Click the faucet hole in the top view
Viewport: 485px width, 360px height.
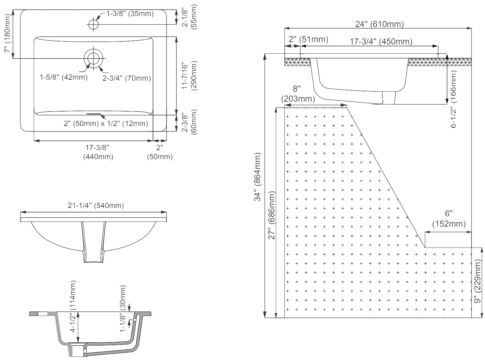click(93, 24)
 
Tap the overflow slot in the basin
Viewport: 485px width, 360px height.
click(94, 114)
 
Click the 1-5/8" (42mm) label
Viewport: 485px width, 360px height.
click(64, 77)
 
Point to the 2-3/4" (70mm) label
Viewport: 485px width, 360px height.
click(127, 78)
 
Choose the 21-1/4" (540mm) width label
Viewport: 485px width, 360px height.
click(96, 205)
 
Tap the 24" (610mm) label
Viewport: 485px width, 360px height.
click(379, 24)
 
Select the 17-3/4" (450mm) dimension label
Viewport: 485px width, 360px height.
click(381, 41)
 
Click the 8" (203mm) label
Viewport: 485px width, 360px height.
click(298, 94)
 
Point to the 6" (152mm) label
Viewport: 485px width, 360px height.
click(449, 219)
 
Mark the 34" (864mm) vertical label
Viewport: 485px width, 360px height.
click(258, 177)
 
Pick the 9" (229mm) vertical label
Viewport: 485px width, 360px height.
click(478, 282)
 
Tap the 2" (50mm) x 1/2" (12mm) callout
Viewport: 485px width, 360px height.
click(106, 124)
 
